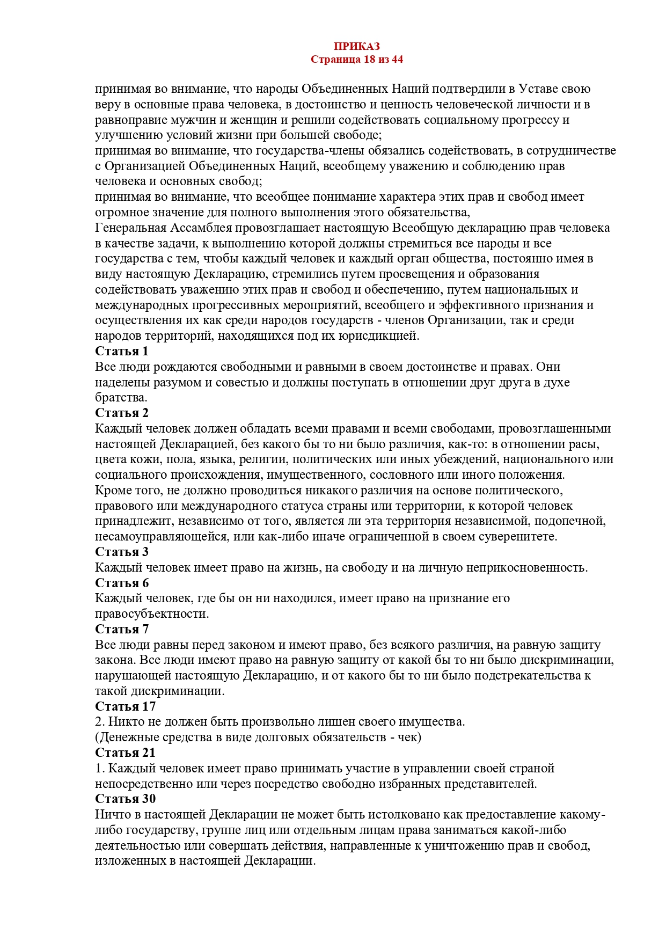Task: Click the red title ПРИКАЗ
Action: [x=356, y=47]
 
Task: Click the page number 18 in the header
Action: [x=369, y=60]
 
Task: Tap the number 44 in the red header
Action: [x=397, y=60]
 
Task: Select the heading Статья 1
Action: [x=121, y=352]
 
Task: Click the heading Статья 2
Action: [x=121, y=413]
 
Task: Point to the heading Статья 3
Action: [x=121, y=552]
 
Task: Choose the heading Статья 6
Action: [x=121, y=583]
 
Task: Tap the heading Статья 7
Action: [x=121, y=630]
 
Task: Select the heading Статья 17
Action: [x=125, y=707]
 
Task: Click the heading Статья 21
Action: [x=125, y=753]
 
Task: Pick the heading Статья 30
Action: [x=125, y=799]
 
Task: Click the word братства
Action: [x=121, y=398]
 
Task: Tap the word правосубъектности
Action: [x=152, y=614]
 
